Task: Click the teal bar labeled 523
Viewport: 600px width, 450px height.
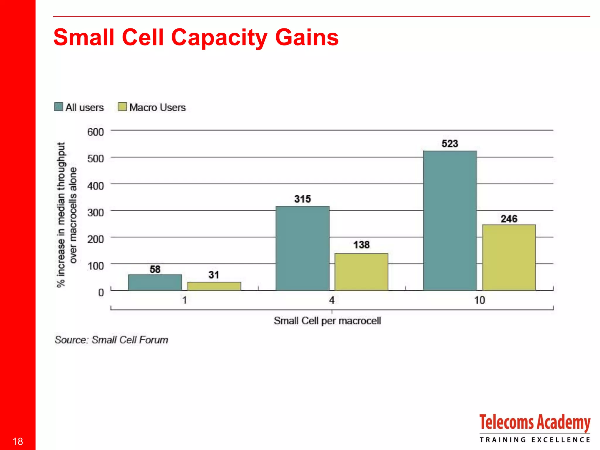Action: (x=450, y=220)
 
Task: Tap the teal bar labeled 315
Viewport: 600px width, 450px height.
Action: (x=302, y=248)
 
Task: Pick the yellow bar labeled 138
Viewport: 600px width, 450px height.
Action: (x=361, y=272)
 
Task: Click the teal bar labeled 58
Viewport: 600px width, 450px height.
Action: (x=155, y=282)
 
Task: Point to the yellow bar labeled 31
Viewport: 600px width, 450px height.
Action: (x=214, y=286)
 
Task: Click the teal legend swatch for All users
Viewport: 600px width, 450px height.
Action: (x=59, y=107)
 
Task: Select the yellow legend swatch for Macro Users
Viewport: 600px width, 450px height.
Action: (x=122, y=107)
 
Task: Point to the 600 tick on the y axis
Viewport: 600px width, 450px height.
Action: (x=96, y=132)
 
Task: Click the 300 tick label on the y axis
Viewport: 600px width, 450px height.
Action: (x=96, y=212)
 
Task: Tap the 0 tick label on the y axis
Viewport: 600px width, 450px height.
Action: (x=101, y=292)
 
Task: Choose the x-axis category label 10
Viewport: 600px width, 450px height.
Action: (x=480, y=300)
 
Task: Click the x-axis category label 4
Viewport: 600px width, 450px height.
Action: (x=332, y=300)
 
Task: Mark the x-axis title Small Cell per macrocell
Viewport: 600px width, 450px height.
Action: (x=327, y=321)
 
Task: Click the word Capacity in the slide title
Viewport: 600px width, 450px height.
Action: (x=219, y=37)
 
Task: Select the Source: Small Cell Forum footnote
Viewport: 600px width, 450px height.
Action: (x=111, y=340)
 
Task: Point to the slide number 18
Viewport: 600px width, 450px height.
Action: (x=18, y=441)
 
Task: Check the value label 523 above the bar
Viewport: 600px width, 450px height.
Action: (x=450, y=144)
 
